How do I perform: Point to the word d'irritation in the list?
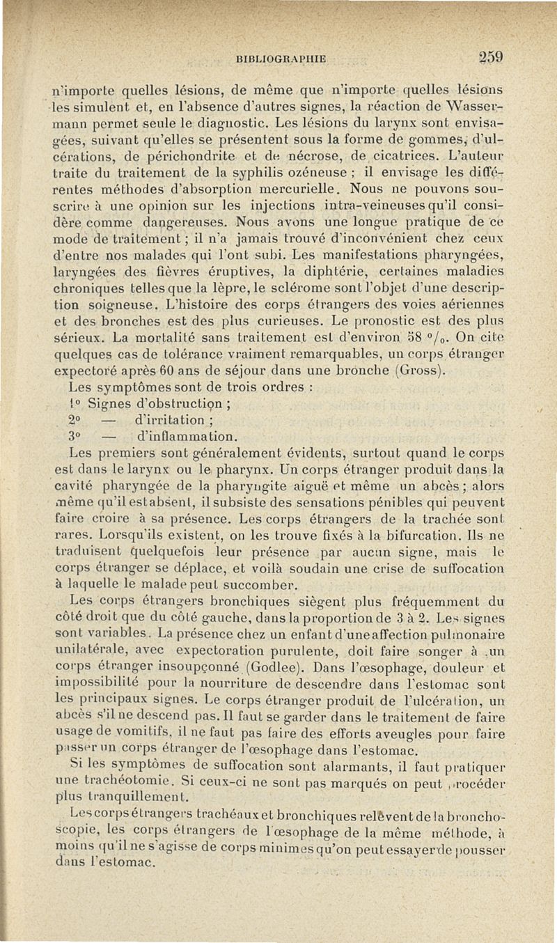[172, 421]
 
